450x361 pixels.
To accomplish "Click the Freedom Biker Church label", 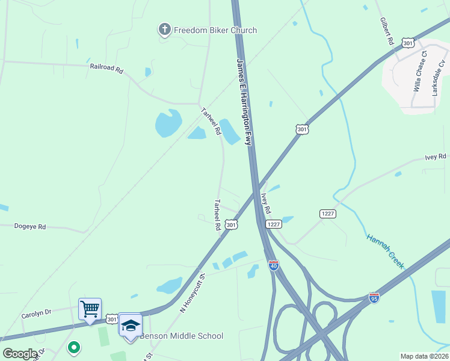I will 215,30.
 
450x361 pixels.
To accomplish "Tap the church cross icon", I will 164,29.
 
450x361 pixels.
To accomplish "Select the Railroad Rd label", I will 106,68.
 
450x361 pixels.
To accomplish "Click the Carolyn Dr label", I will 37,313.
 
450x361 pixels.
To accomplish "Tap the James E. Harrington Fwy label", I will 243,102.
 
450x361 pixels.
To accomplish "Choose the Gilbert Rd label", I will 386,31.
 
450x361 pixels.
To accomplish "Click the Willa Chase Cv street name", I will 419,70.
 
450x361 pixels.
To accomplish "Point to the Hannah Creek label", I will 385,251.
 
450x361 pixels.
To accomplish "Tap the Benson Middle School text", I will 181,336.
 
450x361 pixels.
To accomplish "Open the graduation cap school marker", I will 130,326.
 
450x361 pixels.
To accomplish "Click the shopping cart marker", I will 90,309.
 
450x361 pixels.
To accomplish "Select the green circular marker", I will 74,347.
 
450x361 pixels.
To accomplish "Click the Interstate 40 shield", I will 273,265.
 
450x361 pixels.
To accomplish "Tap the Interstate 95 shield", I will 374,298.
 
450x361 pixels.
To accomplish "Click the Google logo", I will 20,354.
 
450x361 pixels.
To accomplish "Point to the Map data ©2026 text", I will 424,356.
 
